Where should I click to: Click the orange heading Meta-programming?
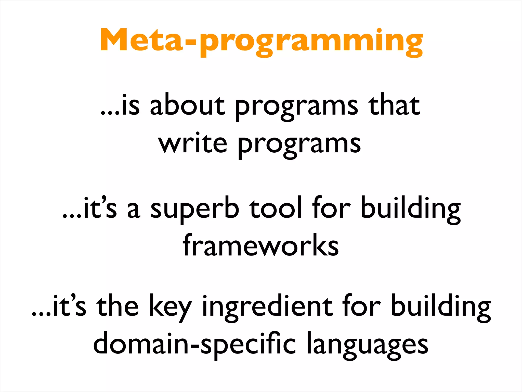point(261,41)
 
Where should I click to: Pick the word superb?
point(195,208)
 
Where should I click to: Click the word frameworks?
point(261,245)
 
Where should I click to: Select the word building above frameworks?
point(410,208)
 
